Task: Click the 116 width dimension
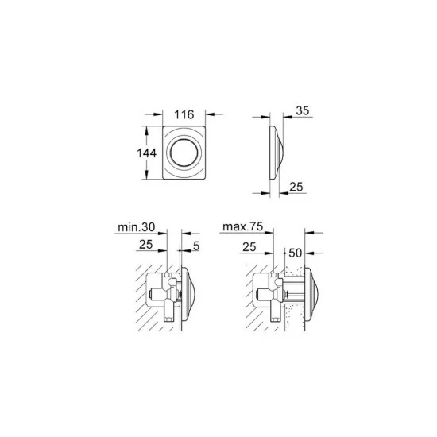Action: [x=184, y=114]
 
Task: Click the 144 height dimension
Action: [x=147, y=153]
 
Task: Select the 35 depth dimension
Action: [x=303, y=110]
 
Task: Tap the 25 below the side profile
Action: [x=296, y=187]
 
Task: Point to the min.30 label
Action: [x=137, y=227]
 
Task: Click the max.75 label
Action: [x=243, y=226]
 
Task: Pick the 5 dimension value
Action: [x=196, y=246]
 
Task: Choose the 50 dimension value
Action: [x=296, y=253]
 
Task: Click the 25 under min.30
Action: [x=145, y=245]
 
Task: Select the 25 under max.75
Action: [x=249, y=247]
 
